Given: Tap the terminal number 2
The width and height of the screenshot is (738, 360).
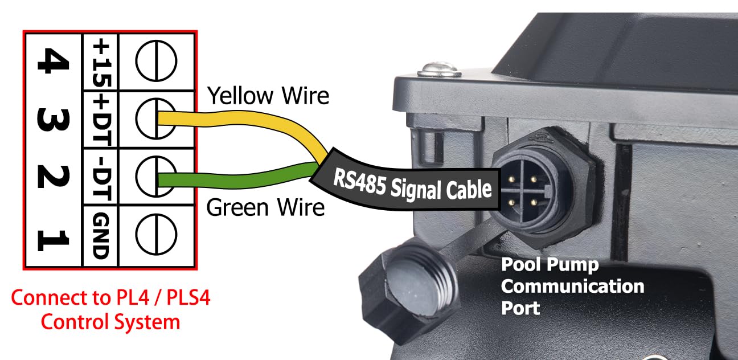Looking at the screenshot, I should (52, 177).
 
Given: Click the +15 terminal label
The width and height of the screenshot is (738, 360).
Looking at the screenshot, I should (100, 61).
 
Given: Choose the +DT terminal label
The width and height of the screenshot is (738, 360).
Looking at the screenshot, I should (100, 119).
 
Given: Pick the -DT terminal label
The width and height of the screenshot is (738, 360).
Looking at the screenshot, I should (100, 177).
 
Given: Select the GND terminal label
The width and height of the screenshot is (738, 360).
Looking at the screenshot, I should (100, 235).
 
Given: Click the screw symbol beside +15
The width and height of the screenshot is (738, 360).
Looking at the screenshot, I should (155, 61).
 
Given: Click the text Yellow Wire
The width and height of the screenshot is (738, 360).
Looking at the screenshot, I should (268, 95).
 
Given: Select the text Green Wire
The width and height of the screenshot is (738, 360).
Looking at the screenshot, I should (265, 207).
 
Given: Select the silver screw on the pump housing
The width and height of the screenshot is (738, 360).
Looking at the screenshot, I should (438, 70).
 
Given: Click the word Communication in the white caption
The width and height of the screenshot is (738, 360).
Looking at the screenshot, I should (572, 285).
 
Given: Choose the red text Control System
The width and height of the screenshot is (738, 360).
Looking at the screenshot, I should (110, 322).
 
